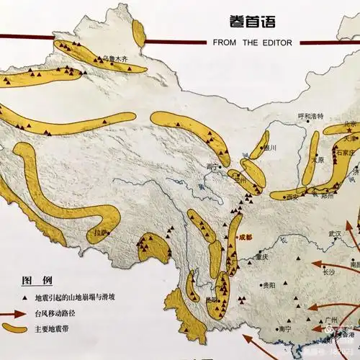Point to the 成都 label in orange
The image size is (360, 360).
(246, 237)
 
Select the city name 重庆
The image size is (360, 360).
(261, 256)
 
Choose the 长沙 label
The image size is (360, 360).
(328, 272)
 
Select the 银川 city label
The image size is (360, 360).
(270, 148)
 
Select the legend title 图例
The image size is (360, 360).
(36, 279)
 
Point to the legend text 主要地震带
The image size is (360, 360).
(51, 330)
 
